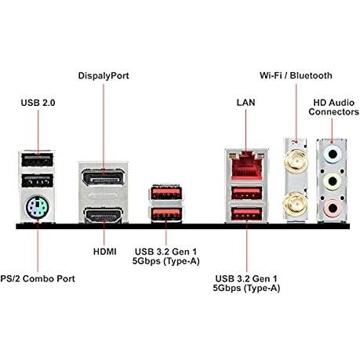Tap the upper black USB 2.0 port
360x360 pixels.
37,159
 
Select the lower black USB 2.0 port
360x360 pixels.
37,180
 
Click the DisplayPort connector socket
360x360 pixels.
103,178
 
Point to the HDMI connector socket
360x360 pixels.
104,215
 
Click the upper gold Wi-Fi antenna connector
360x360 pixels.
296,161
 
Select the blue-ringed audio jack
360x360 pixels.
333,154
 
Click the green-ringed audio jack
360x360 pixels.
333,181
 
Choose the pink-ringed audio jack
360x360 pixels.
333,209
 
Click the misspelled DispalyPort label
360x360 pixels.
104,76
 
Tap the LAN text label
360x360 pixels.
245,103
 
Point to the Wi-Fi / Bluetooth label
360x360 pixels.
296,75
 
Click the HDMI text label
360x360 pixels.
104,252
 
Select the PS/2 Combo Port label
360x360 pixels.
38,278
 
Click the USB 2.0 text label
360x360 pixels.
38,103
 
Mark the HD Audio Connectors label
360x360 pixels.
333,107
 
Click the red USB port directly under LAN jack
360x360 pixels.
246,194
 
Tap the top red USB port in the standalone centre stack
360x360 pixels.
166,192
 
